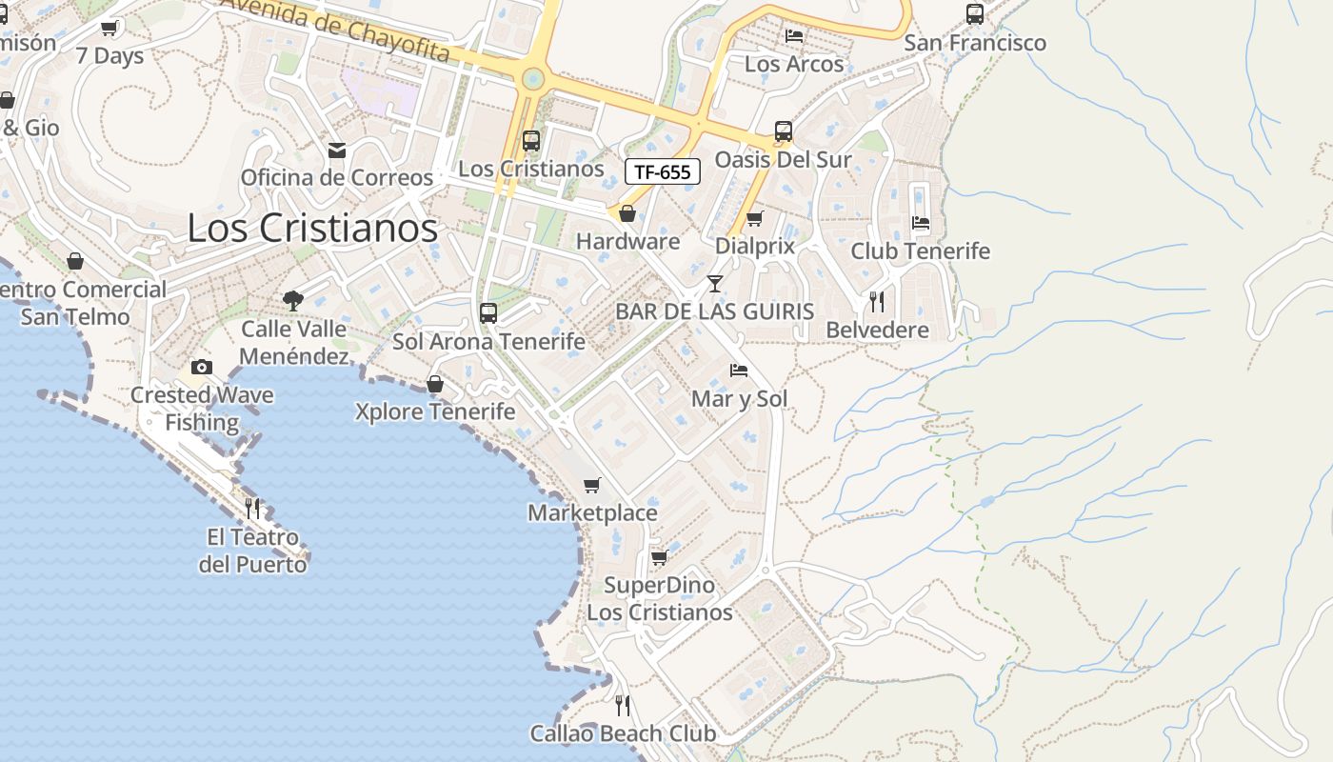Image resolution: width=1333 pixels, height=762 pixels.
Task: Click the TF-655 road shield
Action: (x=663, y=171)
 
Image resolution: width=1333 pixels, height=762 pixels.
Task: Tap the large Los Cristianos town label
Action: (x=312, y=228)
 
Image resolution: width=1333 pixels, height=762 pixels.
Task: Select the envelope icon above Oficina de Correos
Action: (x=336, y=150)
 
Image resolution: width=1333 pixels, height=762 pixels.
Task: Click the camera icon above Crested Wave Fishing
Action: (x=201, y=367)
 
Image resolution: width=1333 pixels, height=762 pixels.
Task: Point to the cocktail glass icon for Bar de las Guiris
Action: (x=714, y=284)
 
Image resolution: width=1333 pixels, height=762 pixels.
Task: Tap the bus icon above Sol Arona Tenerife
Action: (x=488, y=312)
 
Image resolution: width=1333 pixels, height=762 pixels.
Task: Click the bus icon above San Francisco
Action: (x=974, y=14)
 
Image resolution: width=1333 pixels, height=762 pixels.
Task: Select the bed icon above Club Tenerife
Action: (x=920, y=223)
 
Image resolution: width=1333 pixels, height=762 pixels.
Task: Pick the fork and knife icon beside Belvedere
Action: (x=877, y=302)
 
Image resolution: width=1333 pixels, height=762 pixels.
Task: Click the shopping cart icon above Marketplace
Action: (x=592, y=485)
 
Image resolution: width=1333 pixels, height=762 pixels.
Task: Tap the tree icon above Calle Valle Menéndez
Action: (x=293, y=301)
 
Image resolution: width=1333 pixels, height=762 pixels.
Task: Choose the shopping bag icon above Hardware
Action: (x=627, y=213)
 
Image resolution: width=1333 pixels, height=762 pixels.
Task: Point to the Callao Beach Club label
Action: (x=623, y=733)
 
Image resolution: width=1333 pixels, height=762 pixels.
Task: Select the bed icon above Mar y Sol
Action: (x=739, y=370)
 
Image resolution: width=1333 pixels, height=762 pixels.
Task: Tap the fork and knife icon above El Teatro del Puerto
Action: (x=252, y=508)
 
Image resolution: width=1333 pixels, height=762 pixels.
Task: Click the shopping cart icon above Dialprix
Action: (x=754, y=218)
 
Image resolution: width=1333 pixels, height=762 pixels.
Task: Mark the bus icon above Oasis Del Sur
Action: (x=783, y=131)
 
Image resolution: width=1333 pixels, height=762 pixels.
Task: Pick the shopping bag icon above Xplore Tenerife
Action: (x=435, y=384)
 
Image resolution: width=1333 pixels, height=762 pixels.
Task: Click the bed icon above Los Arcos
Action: (x=794, y=36)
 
